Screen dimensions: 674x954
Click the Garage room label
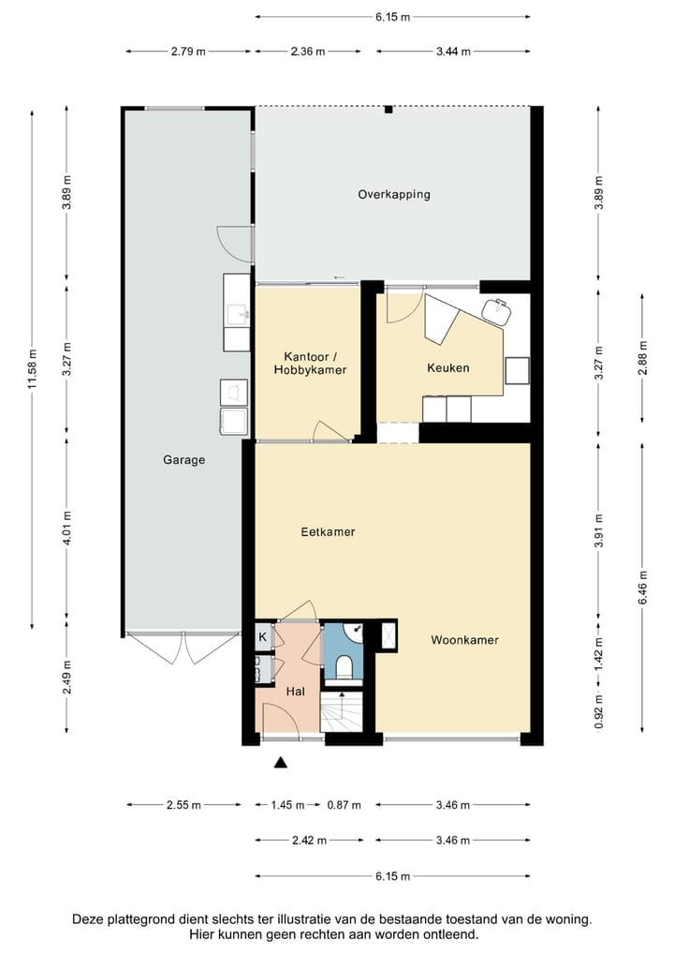point(183,460)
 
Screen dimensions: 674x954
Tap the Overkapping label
point(394,195)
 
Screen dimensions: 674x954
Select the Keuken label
point(447,367)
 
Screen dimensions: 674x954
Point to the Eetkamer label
point(328,531)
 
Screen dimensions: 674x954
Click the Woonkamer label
point(464,640)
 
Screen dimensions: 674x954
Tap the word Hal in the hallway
point(296,692)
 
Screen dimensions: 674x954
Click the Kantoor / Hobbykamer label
point(310,364)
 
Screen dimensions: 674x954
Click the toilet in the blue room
point(344,666)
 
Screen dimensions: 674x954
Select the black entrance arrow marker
point(280,762)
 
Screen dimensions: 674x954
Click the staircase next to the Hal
point(341,711)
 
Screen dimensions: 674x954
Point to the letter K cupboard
point(263,637)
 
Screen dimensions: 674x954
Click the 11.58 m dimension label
point(32,368)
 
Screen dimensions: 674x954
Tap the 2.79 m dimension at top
point(188,52)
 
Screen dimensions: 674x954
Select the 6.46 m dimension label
point(642,588)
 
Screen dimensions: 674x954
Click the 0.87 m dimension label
point(344,805)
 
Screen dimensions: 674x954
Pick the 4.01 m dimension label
point(66,528)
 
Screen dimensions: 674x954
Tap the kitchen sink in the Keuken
point(496,311)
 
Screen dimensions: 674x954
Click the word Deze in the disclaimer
point(87,918)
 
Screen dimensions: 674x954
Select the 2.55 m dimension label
point(183,805)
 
